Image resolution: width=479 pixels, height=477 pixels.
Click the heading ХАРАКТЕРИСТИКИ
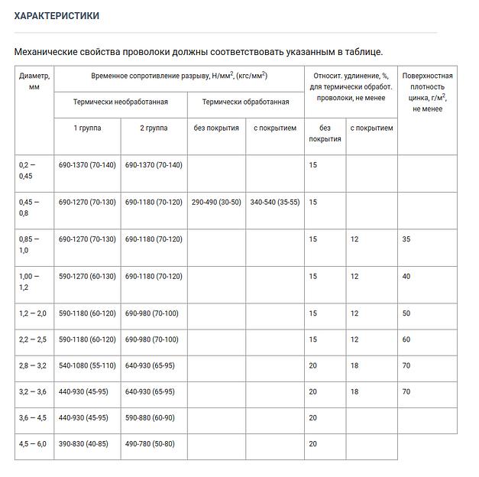pyautogui.click(x=57, y=15)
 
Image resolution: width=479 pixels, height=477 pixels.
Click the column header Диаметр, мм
pyautogui.click(x=34, y=82)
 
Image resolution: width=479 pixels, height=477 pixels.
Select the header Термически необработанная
pyautogui.click(x=120, y=102)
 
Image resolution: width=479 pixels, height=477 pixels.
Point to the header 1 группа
pyautogui.click(x=86, y=128)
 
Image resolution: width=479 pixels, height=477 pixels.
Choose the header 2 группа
pyautogui.click(x=153, y=128)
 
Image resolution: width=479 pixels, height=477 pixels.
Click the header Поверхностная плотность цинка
pyautogui.click(x=427, y=92)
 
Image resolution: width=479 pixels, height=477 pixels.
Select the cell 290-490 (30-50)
pyautogui.click(x=215, y=202)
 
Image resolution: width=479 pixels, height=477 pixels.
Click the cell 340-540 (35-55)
pyautogui.click(x=274, y=202)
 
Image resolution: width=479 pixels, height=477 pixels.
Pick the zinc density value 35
pyautogui.click(x=406, y=239)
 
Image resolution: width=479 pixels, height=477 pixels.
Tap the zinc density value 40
pyautogui.click(x=406, y=277)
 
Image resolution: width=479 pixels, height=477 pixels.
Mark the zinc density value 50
pyautogui.click(x=406, y=313)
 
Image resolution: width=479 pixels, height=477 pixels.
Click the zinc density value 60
pyautogui.click(x=406, y=339)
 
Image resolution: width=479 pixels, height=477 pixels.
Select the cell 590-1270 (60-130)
pyautogui.click(x=87, y=277)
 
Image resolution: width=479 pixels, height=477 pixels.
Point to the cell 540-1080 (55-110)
pyautogui.click(x=87, y=365)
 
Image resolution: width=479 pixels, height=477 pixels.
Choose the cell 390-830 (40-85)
pyautogui.click(x=83, y=443)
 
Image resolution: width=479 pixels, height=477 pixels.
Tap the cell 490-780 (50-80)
pyautogui.click(x=150, y=443)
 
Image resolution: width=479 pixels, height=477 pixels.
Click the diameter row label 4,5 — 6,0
pyautogui.click(x=33, y=443)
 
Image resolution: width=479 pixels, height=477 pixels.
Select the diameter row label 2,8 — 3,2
pyautogui.click(x=33, y=365)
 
